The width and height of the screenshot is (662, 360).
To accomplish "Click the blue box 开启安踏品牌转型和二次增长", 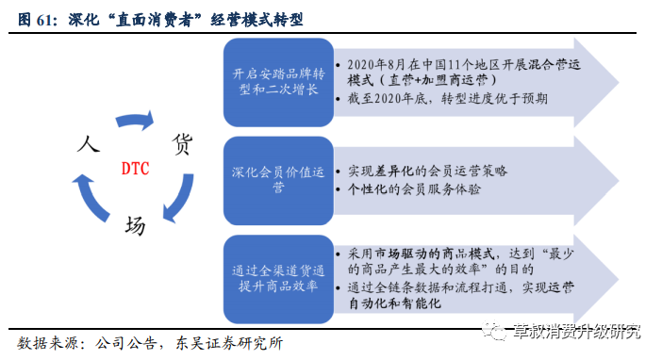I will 277,82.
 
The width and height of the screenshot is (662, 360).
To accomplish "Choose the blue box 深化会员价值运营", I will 277,180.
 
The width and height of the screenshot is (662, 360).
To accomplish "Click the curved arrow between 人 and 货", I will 134,121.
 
